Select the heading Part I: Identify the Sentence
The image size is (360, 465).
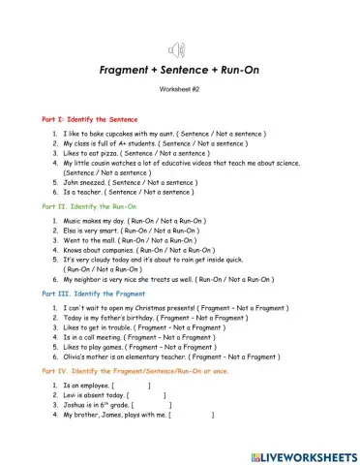coord(89,117)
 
